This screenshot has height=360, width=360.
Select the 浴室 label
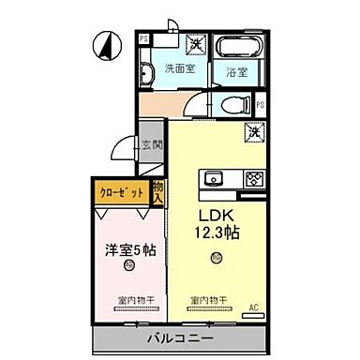click(x=237, y=71)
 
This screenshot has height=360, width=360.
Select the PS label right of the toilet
click(x=262, y=105)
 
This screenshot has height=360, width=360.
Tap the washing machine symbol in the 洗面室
click(x=196, y=42)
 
